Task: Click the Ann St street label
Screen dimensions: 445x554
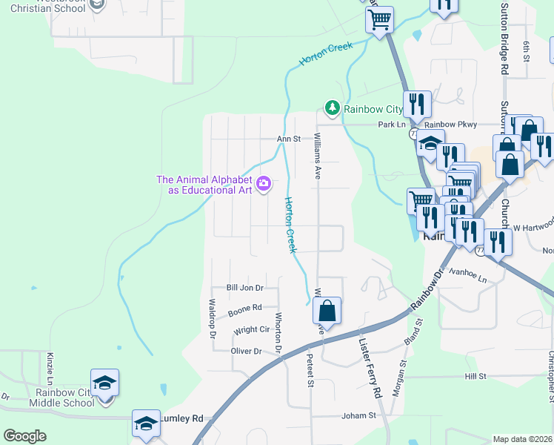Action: (x=288, y=139)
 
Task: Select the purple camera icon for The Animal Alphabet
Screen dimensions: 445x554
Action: (x=264, y=183)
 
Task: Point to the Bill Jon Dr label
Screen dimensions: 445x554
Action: (x=244, y=288)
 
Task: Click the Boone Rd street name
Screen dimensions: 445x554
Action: (x=245, y=307)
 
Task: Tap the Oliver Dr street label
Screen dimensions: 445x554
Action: (x=247, y=351)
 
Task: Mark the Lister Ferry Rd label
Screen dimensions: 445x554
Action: (x=368, y=369)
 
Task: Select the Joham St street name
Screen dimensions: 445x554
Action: (x=359, y=416)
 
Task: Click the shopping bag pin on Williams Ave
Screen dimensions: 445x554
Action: (x=327, y=310)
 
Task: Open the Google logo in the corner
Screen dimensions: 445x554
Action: (x=24, y=435)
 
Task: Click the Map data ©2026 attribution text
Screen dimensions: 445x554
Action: (x=522, y=438)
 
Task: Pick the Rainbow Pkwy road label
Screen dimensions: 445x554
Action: (x=451, y=125)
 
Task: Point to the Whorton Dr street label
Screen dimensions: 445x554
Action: (x=279, y=332)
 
